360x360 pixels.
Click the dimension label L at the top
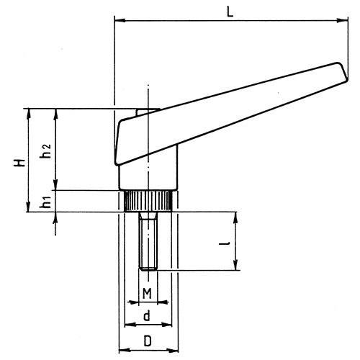(230, 12)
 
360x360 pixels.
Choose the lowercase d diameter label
(146, 315)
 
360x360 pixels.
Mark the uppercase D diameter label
(146, 341)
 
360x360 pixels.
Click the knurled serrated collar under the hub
(148, 200)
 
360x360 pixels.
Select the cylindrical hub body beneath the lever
(148, 171)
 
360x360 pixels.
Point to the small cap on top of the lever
(142, 112)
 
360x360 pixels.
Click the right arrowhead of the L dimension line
(337, 22)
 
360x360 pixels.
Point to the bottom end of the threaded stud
(148, 269)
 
